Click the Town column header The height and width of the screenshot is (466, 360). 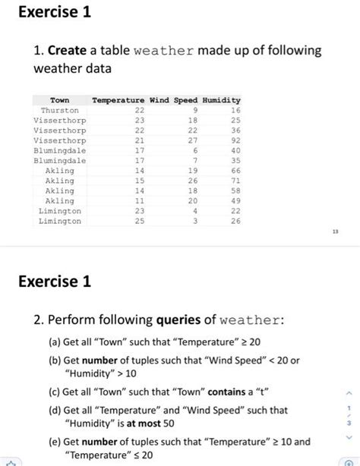pyautogui.click(x=59, y=100)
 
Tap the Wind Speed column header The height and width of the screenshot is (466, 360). pyautogui.click(x=174, y=100)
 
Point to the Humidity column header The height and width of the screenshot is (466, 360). pyautogui.click(x=221, y=100)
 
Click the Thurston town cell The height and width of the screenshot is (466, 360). pyautogui.click(x=59, y=110)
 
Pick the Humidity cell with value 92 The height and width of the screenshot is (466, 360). pyautogui.click(x=235, y=140)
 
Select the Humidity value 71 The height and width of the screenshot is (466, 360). pyautogui.click(x=235, y=181)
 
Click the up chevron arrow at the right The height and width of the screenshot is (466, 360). pyautogui.click(x=348, y=394)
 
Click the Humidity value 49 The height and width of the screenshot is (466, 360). pyautogui.click(x=235, y=201)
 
